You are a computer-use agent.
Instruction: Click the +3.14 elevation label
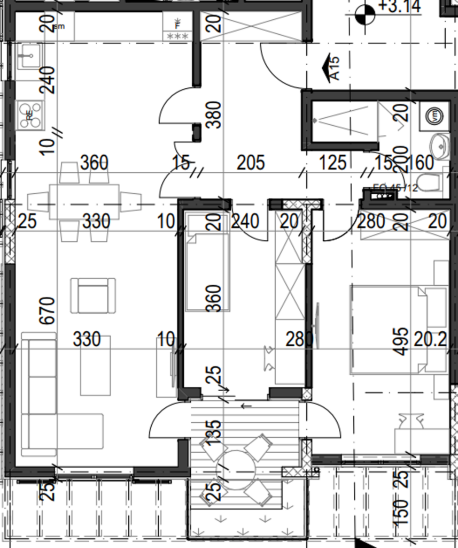[399, 6]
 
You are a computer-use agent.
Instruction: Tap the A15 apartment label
[334, 68]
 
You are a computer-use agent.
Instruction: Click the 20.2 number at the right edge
[430, 339]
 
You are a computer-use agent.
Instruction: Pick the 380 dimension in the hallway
[213, 115]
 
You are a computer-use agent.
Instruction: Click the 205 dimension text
[250, 162]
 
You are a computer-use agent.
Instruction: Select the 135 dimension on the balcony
[213, 432]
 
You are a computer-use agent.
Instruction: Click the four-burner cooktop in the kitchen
[29, 115]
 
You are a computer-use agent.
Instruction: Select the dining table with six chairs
[84, 201]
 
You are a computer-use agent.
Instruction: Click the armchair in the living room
[93, 295]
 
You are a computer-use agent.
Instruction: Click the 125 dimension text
[333, 162]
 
